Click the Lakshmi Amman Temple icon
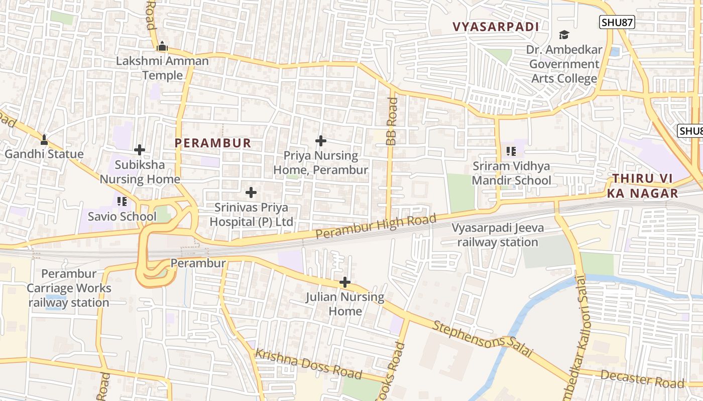pos(162,47)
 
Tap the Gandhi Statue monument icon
pos(44,139)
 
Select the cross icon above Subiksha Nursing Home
pos(140,150)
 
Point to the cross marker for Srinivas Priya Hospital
pos(251,192)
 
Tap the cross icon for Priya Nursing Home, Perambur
pos(320,141)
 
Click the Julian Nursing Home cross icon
pos(345,283)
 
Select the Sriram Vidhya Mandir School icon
pos(511,151)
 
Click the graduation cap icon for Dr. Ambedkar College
pos(564,35)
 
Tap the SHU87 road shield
pos(617,22)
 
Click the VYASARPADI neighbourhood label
pos(496,27)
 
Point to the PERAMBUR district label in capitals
pos(213,143)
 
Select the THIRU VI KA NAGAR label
pos(645,186)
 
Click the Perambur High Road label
pos(376,227)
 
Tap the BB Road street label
pos(392,122)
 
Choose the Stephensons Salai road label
pos(482,339)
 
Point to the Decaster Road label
pos(642,379)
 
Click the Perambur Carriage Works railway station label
pos(69,288)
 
